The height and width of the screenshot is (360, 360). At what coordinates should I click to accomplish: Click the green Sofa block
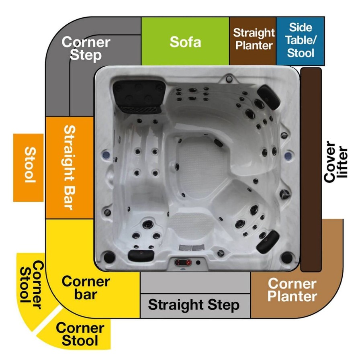(185, 41)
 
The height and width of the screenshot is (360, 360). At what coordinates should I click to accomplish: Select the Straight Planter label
(254, 39)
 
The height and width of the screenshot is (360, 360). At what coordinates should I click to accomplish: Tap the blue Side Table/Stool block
(300, 41)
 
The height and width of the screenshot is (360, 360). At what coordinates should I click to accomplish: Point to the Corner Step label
(86, 49)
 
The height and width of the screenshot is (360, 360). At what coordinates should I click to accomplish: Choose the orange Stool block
(28, 168)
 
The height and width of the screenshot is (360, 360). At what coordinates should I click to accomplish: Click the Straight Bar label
(70, 168)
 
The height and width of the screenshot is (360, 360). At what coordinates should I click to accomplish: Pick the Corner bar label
(86, 288)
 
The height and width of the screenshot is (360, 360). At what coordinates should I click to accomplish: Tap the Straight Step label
(194, 305)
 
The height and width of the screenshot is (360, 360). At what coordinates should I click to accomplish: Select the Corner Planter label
(292, 290)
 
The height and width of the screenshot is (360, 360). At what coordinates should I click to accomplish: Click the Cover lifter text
(335, 162)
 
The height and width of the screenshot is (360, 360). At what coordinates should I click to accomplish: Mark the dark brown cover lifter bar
(311, 170)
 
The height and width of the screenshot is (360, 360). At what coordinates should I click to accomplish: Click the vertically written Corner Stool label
(32, 285)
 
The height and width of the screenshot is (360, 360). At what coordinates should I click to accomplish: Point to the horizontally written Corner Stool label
(80, 334)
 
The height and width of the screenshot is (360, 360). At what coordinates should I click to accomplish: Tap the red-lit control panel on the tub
(183, 262)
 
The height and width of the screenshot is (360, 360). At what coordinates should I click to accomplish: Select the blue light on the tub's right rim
(288, 156)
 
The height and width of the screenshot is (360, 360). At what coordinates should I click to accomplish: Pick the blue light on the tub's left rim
(105, 155)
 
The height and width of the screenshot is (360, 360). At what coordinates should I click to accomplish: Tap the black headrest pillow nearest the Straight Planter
(268, 97)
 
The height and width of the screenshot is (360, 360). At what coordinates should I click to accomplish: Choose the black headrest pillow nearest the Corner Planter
(268, 242)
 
